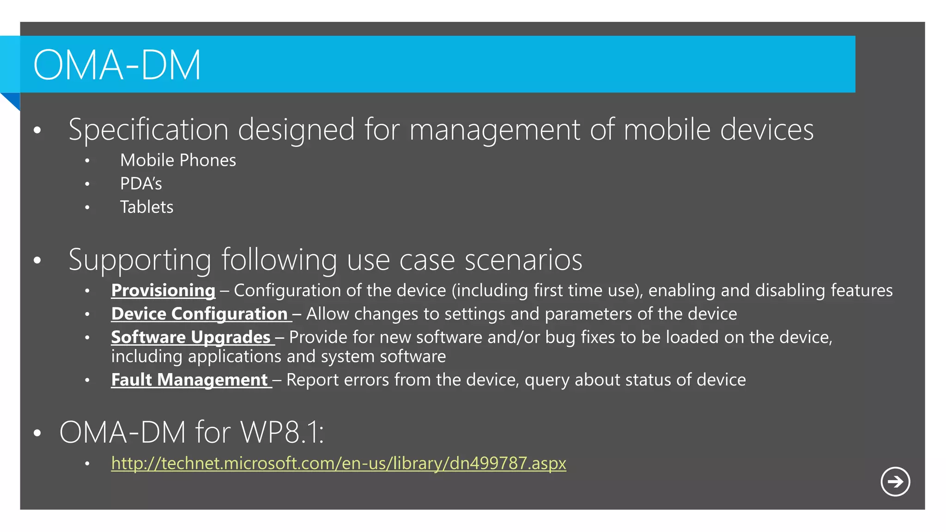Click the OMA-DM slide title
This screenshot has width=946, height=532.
(x=117, y=65)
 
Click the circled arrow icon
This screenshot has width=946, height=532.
(x=895, y=482)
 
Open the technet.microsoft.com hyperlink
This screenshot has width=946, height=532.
(x=339, y=463)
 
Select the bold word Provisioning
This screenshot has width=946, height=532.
(x=163, y=290)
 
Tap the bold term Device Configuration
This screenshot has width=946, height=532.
(x=200, y=314)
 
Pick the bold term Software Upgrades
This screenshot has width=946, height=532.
(x=191, y=338)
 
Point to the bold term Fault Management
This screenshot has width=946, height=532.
(x=189, y=380)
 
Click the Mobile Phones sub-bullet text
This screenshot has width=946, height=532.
(x=178, y=160)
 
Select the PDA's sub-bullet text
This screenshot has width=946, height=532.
(x=141, y=184)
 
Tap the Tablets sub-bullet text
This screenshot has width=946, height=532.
(x=146, y=207)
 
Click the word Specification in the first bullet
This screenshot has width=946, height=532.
(x=148, y=130)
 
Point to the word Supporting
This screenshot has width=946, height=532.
(x=140, y=260)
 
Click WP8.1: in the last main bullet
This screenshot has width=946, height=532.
(x=282, y=433)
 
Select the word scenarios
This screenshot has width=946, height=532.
(x=523, y=260)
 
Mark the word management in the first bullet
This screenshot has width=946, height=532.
(x=495, y=130)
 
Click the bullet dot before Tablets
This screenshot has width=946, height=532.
(x=87, y=208)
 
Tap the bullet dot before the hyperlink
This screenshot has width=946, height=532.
(x=87, y=464)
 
